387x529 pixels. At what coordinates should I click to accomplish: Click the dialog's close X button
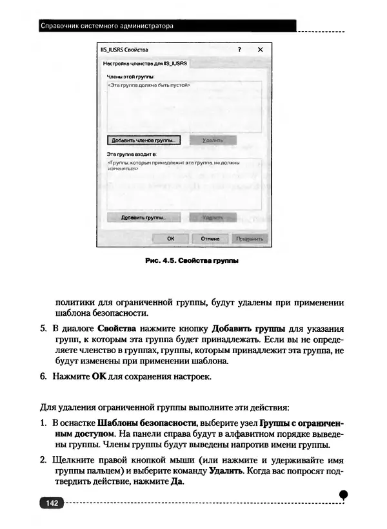coord(260,50)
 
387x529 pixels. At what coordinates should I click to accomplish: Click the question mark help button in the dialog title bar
coord(239,50)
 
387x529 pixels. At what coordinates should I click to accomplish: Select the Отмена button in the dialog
coord(210,238)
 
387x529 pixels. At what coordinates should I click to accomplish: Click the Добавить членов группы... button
coord(143,139)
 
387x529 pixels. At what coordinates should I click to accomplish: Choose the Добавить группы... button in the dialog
coord(143,218)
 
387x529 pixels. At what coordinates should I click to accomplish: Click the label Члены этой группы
coord(125,77)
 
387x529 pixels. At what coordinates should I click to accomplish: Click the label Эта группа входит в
coord(128,155)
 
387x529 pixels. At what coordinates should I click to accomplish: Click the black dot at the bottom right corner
coord(343,494)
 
